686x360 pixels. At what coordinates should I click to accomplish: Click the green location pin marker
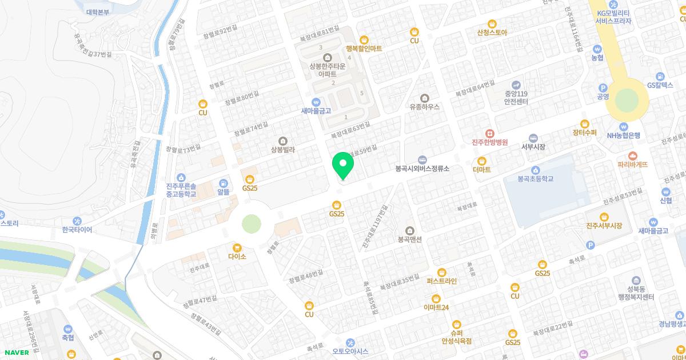click(x=343, y=166)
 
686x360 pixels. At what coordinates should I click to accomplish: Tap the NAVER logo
click(x=16, y=353)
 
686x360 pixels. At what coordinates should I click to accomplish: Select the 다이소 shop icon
click(x=237, y=246)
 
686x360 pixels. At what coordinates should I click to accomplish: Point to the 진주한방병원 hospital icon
click(x=489, y=133)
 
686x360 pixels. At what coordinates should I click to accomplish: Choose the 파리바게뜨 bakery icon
click(x=632, y=155)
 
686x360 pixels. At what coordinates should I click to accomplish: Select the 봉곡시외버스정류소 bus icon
click(x=422, y=159)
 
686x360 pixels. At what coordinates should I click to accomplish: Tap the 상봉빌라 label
click(x=282, y=150)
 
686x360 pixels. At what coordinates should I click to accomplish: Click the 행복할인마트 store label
click(x=364, y=49)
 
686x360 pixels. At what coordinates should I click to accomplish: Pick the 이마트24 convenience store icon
click(x=436, y=298)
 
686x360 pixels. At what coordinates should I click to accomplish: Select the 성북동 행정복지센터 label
click(x=631, y=293)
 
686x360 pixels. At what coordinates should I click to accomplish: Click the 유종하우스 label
click(x=424, y=106)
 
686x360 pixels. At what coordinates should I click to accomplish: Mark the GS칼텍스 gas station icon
click(x=660, y=76)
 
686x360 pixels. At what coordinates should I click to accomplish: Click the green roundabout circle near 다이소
click(x=251, y=223)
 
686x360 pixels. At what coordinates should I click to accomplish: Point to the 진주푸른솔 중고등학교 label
click(x=181, y=190)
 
